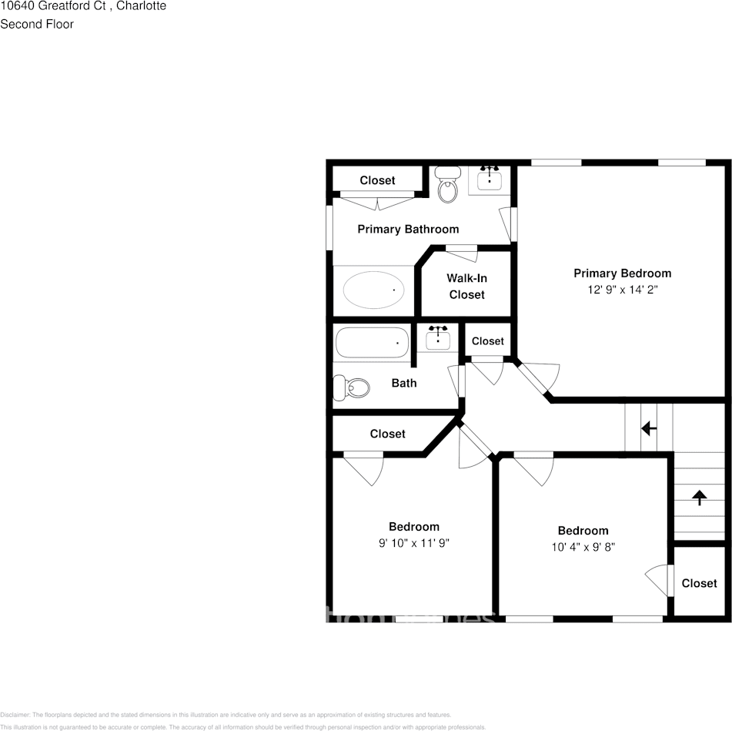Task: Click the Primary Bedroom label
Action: click(x=622, y=273)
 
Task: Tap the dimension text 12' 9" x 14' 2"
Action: click(x=622, y=290)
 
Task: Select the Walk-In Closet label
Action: click(x=466, y=287)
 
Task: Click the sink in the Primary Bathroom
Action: click(x=490, y=179)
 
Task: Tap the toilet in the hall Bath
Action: click(x=351, y=387)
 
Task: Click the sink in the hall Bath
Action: click(x=438, y=339)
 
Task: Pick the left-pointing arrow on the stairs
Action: click(x=649, y=428)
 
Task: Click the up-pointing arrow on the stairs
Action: click(x=700, y=497)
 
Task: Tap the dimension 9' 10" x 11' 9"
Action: click(x=414, y=542)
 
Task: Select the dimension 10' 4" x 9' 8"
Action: click(x=583, y=547)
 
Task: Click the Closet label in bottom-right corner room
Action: click(x=699, y=584)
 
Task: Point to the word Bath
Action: click(x=404, y=383)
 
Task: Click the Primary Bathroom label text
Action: click(x=408, y=229)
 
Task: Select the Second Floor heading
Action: click(x=37, y=24)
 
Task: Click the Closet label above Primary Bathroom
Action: click(x=377, y=180)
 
